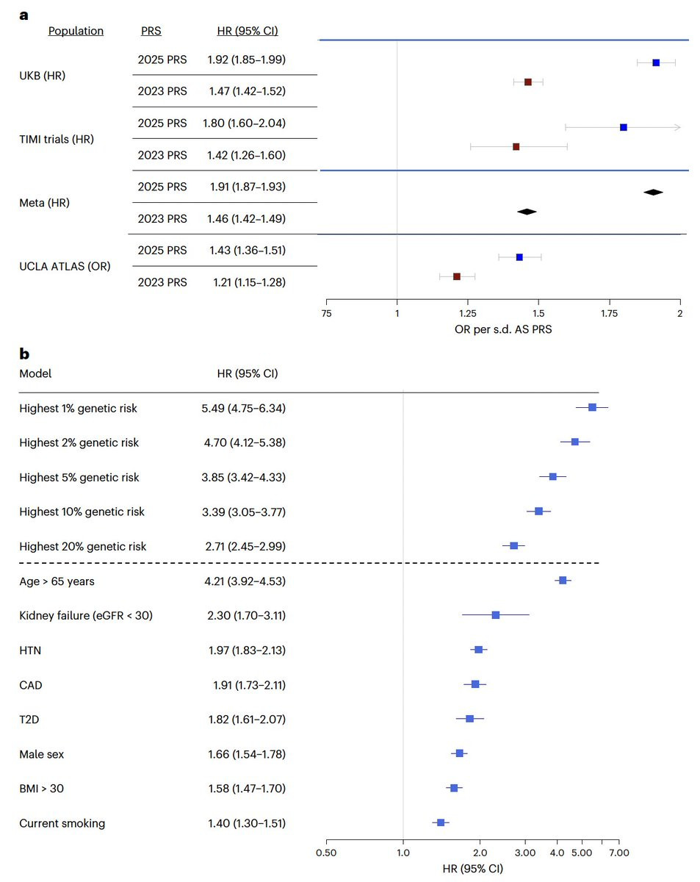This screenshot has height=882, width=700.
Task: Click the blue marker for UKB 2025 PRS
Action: [656, 62]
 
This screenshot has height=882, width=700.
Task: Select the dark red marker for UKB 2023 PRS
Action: [527, 82]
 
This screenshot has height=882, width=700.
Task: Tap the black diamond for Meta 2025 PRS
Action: [653, 192]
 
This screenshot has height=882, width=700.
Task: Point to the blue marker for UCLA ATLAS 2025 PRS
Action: [519, 257]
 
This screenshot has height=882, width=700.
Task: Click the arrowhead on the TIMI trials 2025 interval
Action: [678, 127]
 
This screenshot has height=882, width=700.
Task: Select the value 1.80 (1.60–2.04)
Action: [245, 123]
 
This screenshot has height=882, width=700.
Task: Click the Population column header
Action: [76, 31]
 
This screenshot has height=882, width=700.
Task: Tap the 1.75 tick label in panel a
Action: [610, 314]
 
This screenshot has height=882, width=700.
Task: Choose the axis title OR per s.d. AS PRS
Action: [503, 330]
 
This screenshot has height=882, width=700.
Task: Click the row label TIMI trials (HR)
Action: [57, 139]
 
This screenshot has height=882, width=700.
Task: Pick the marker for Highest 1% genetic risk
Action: [592, 407]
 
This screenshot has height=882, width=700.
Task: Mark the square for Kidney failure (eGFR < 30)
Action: [495, 614]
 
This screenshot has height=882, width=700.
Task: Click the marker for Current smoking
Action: [441, 822]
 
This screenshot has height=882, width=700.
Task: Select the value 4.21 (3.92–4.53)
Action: [247, 581]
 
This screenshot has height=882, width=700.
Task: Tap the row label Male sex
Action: [43, 754]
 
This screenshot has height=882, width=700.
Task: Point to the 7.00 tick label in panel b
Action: [618, 853]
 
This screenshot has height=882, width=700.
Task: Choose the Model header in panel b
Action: [35, 373]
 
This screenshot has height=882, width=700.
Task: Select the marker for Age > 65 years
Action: [563, 581]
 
